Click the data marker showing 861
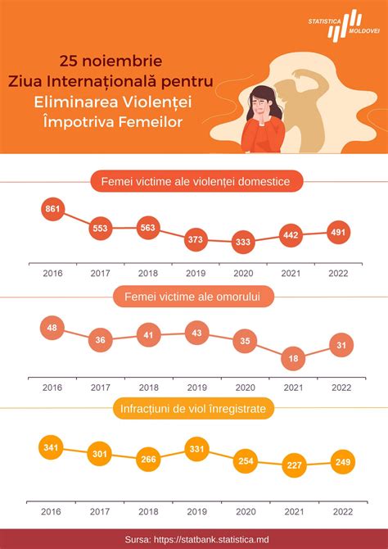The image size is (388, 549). (x=52, y=210)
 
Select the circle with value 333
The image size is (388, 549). (x=243, y=242)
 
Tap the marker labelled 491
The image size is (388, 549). (x=339, y=231)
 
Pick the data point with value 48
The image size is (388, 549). (x=52, y=327)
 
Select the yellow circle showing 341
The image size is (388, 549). (x=52, y=447)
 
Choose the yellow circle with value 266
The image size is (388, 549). (x=148, y=460)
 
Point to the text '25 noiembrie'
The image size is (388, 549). (x=111, y=61)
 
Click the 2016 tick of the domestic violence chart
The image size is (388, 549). (x=52, y=273)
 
